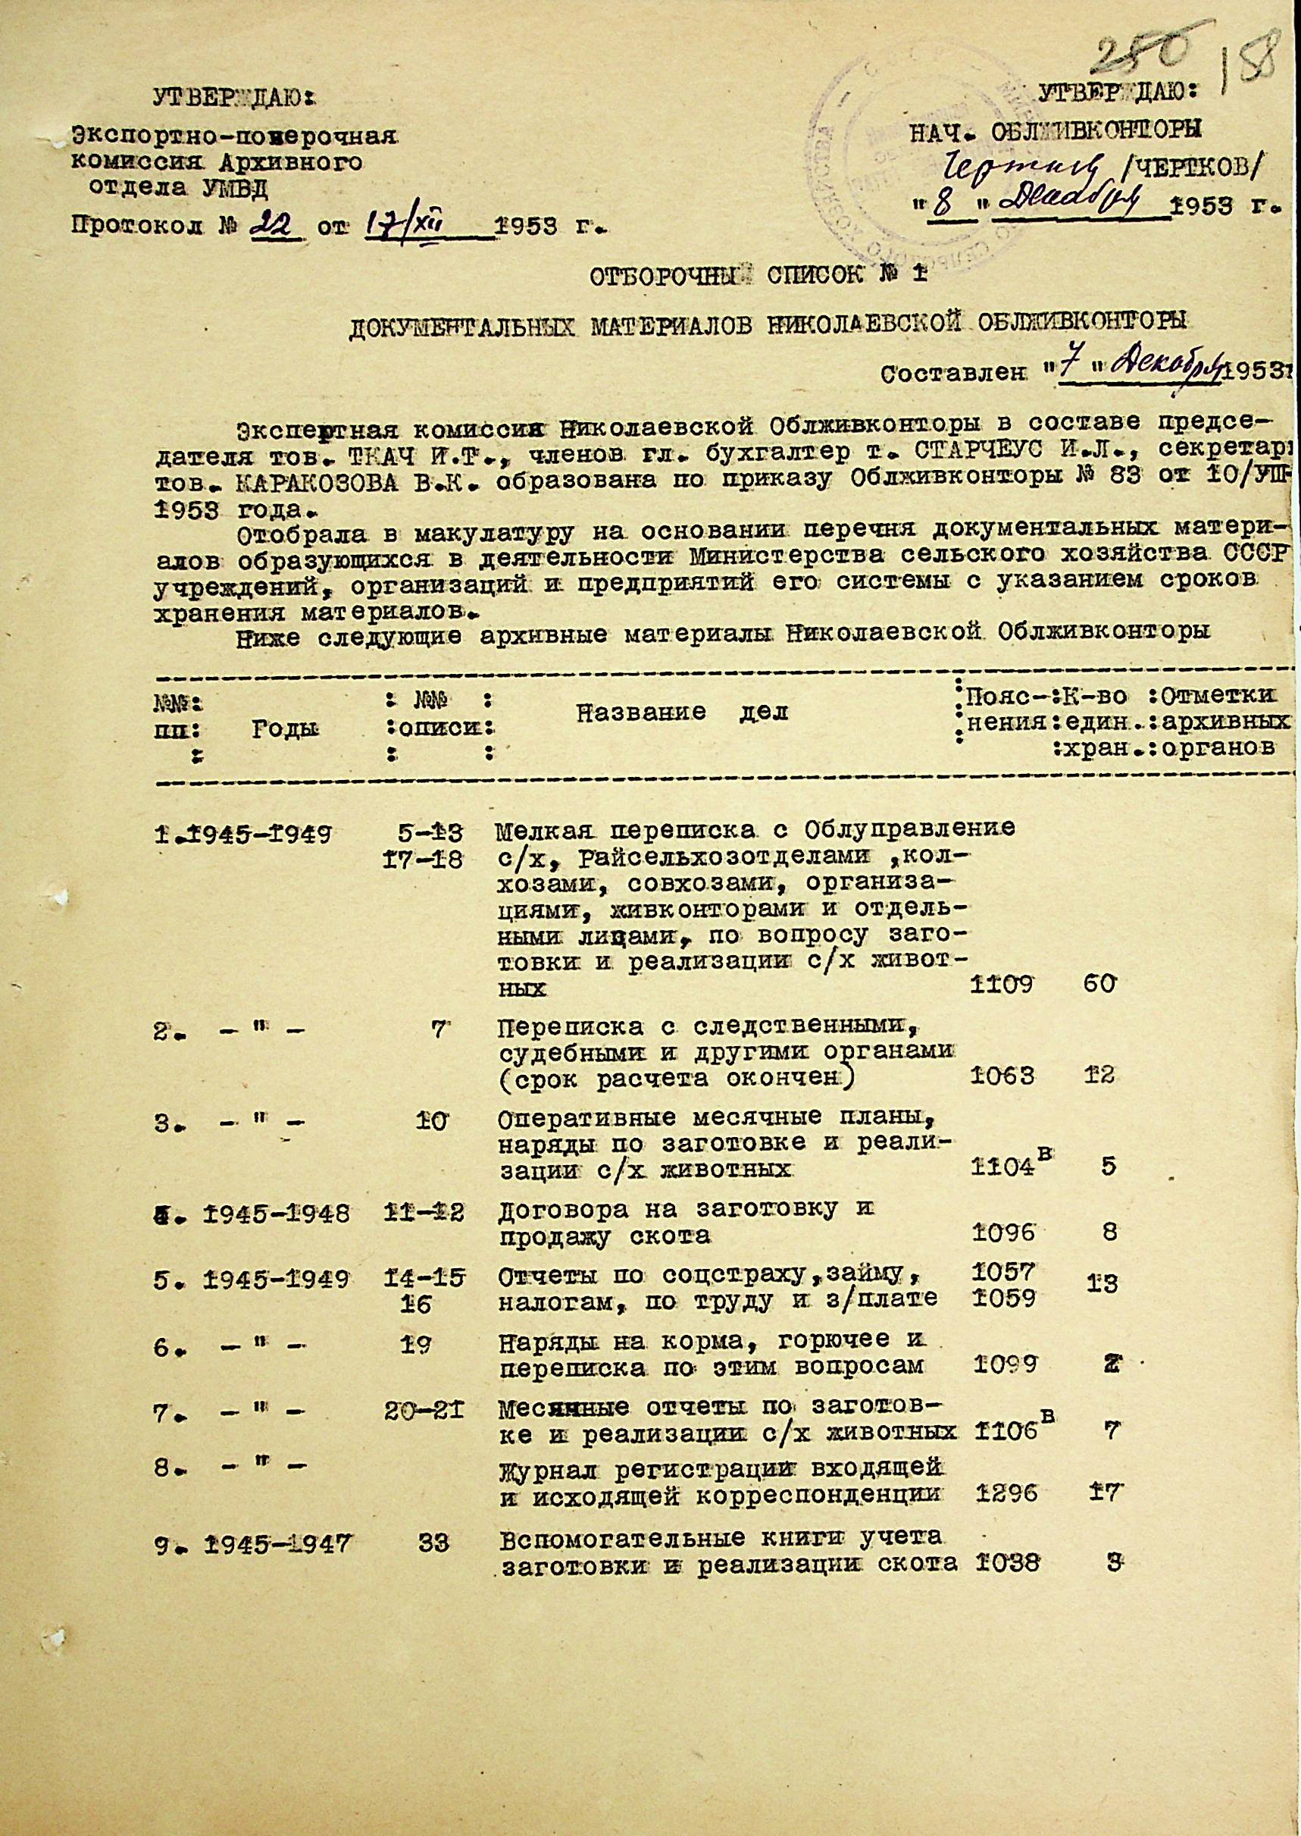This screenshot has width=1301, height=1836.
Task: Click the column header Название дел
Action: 681,711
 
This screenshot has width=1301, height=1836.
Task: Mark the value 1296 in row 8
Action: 1008,1734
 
